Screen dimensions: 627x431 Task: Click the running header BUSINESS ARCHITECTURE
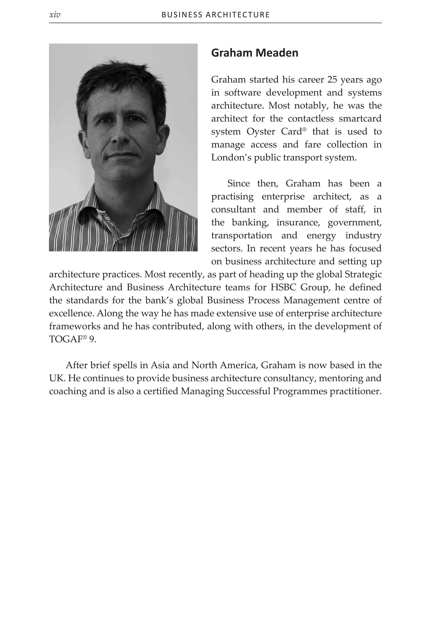(x=215, y=15)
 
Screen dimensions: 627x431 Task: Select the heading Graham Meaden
(x=254, y=53)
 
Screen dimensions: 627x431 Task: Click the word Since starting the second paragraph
(x=238, y=184)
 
